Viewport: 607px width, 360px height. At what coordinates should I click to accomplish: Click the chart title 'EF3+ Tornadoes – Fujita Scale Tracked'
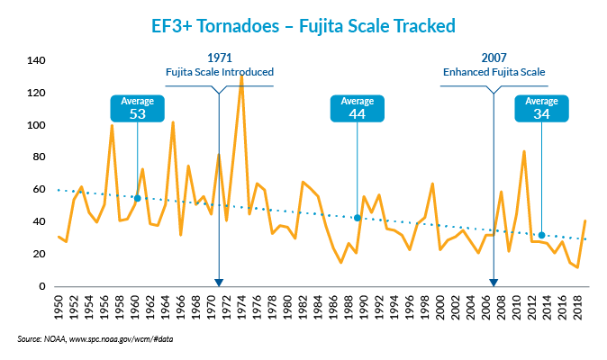coord(303,24)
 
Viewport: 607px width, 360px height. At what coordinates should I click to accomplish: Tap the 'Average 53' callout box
coord(138,106)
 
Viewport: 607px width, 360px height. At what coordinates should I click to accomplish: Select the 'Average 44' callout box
coord(358,106)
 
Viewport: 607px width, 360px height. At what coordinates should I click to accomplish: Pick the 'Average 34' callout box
coord(542,106)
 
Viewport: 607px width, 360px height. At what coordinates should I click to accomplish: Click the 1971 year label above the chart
coord(219,58)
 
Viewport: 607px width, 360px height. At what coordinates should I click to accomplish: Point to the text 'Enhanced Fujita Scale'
coord(494,72)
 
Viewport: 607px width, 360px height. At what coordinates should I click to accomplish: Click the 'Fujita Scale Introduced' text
coord(219,72)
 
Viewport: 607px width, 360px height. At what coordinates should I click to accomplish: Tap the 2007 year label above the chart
coord(494,58)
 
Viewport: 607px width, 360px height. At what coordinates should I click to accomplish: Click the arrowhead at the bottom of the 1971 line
coord(219,282)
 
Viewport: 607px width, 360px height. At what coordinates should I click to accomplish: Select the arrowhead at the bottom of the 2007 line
coord(494,282)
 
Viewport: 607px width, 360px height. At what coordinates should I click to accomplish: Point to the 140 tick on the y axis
coord(36,61)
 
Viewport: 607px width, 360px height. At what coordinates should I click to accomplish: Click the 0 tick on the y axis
coord(41,287)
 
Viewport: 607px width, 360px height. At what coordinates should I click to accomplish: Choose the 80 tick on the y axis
coord(38,157)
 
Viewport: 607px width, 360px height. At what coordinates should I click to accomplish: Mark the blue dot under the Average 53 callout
coord(138,198)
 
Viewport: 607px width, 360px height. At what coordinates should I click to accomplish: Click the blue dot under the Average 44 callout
coord(358,218)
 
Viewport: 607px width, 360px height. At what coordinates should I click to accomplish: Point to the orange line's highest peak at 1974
coord(241,76)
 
